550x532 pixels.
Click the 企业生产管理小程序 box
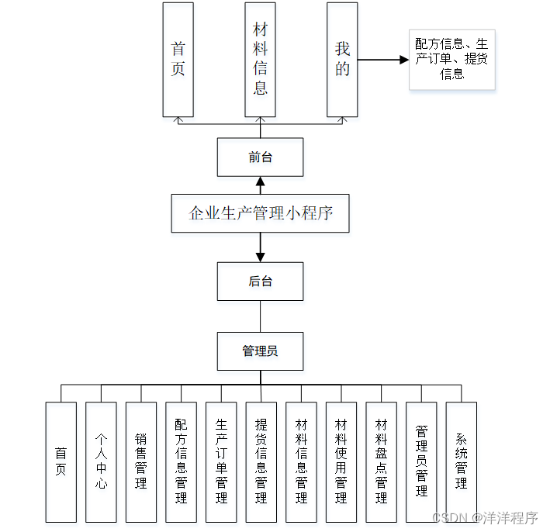coord(260,213)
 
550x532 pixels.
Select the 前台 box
coord(260,157)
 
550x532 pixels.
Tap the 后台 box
coord(260,281)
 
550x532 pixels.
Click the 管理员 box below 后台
coord(260,351)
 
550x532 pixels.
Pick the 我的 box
coord(342,60)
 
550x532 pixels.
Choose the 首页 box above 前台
coord(178,60)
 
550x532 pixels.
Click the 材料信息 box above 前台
coord(260,60)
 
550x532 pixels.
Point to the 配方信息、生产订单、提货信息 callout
coord(451,60)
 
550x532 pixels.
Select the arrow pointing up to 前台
coord(260,185)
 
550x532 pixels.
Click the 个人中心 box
coord(101,461)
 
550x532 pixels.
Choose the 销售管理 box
coord(141,461)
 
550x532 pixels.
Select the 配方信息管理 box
coord(181,461)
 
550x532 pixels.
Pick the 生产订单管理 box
coord(221,461)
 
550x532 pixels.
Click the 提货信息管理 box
coord(261,461)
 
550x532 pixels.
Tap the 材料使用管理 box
coord(341,461)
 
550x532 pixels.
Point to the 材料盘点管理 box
coord(381,461)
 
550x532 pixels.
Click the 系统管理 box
coord(461,461)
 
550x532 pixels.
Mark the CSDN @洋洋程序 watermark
coord(485,518)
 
